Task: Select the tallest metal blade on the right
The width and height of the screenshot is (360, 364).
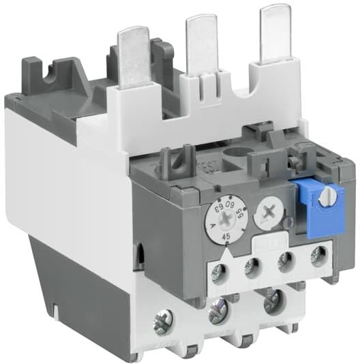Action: click(x=273, y=33)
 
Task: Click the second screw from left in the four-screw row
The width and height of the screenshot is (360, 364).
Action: click(x=252, y=267)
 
